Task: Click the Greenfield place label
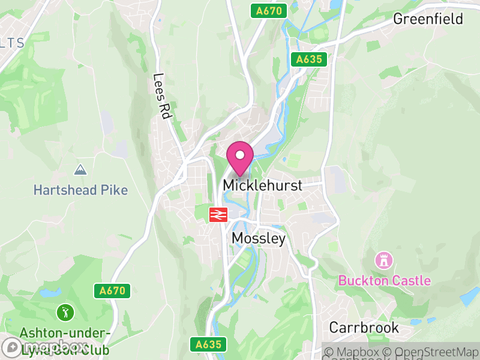[428, 19]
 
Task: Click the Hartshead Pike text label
[80, 190]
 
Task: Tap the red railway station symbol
[217, 214]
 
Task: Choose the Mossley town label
[258, 238]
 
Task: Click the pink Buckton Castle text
[385, 280]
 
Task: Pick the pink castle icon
[382, 260]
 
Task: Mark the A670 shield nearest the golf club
[112, 291]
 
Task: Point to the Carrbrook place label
[364, 328]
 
